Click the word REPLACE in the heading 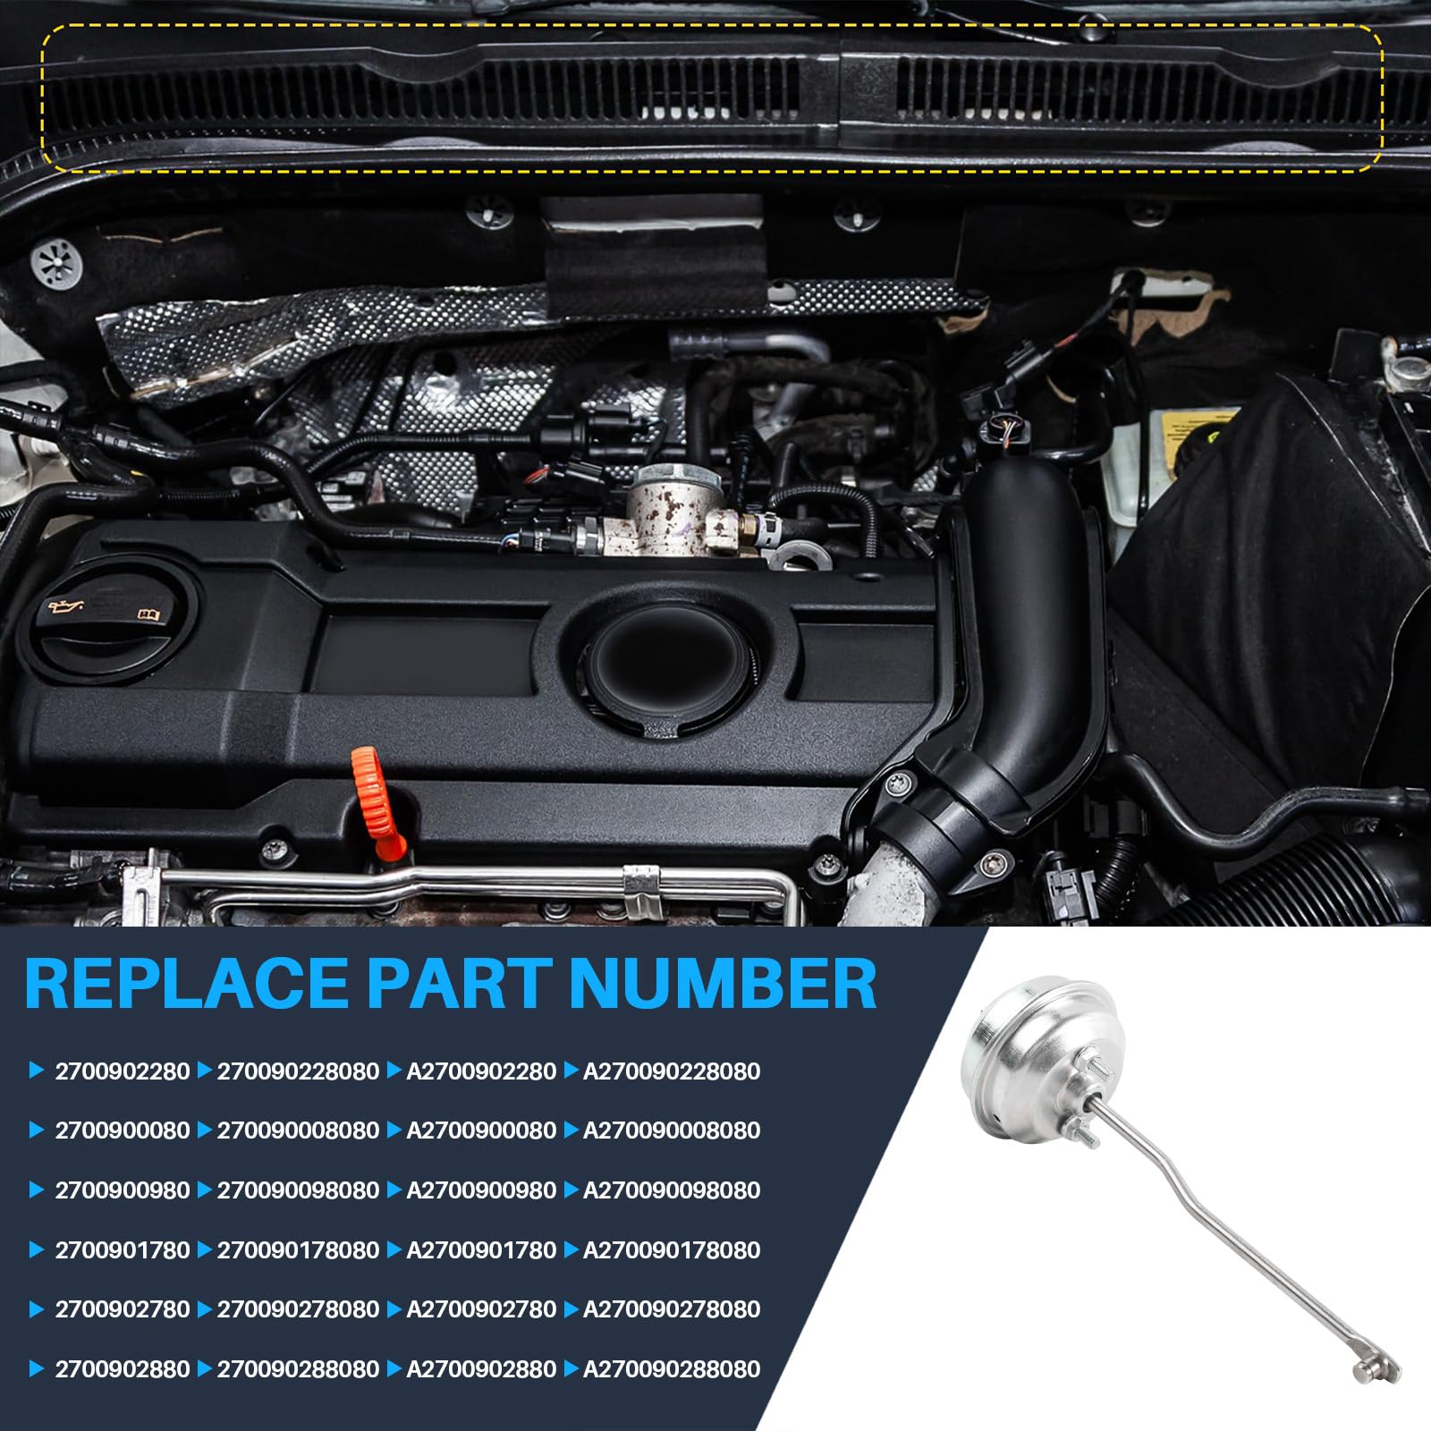(x=187, y=984)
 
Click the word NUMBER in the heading (x=723, y=984)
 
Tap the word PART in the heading (x=459, y=984)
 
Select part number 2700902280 (x=123, y=1071)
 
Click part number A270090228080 (x=672, y=1071)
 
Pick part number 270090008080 (x=299, y=1130)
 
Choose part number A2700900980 (x=481, y=1190)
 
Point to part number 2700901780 (x=123, y=1250)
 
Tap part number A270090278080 (x=672, y=1309)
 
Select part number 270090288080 (x=299, y=1369)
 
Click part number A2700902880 (x=481, y=1369)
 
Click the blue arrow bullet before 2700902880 (x=37, y=1368)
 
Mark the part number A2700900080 (x=481, y=1130)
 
